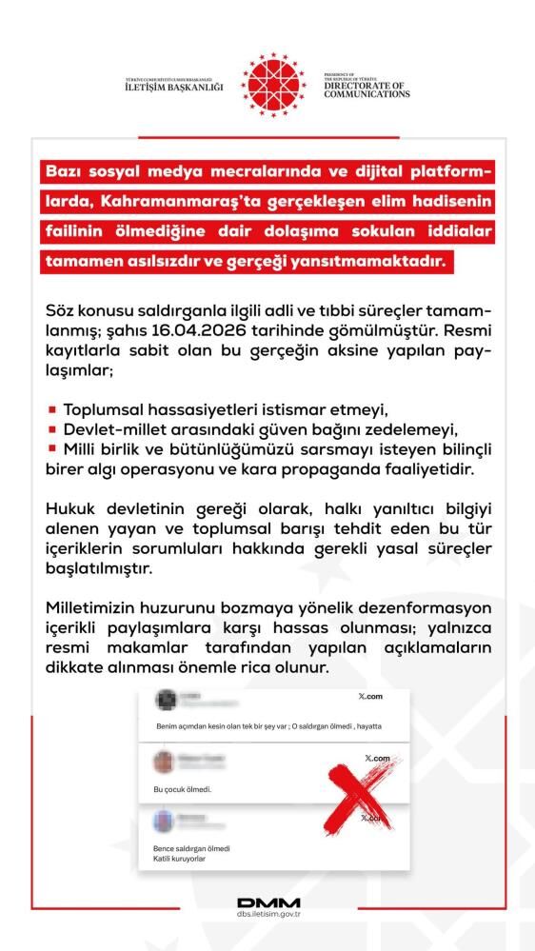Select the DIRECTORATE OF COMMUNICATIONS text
click(x=367, y=90)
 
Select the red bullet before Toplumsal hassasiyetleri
click(x=51, y=409)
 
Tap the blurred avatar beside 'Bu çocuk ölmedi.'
click(x=163, y=762)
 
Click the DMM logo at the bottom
click(x=267, y=902)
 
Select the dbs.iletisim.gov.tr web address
click(x=267, y=915)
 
